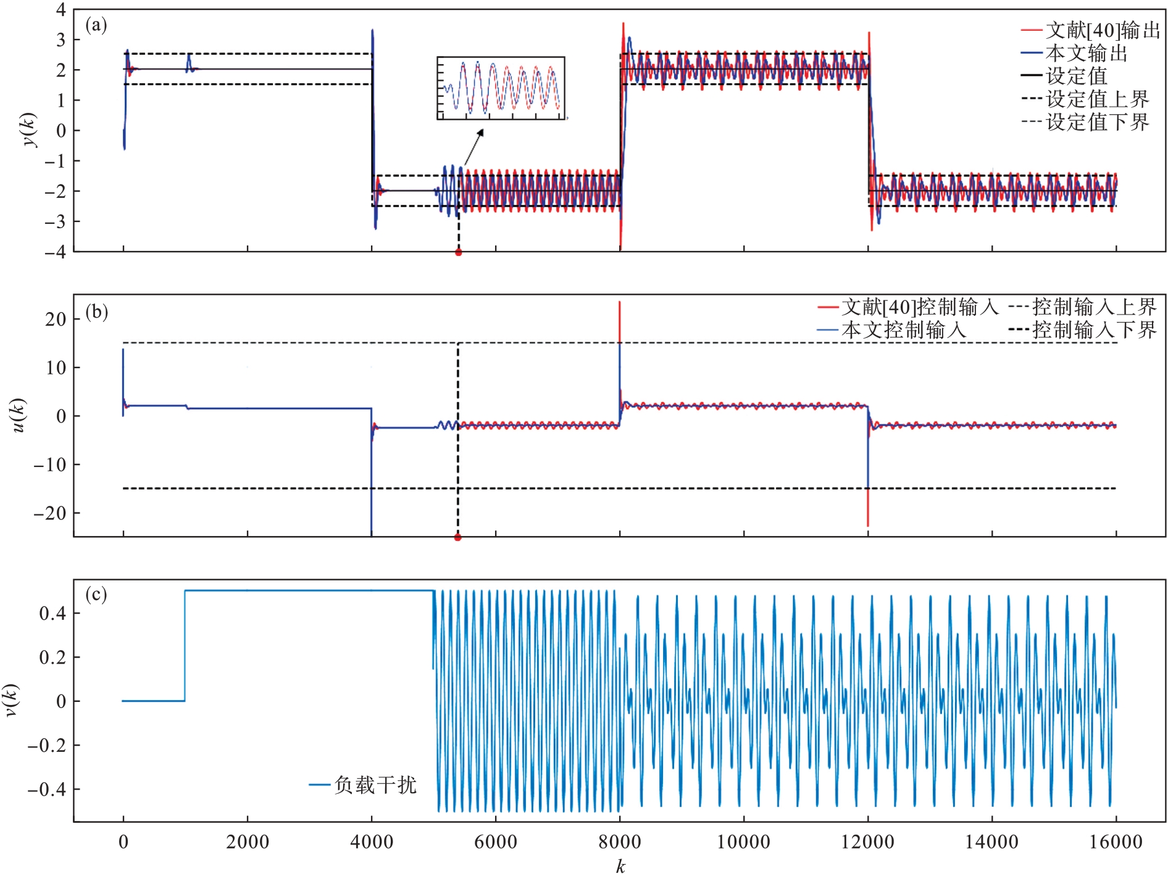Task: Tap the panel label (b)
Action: point(96,312)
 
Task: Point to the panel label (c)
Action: point(96,595)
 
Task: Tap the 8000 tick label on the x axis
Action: point(620,842)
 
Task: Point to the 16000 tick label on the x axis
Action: point(1116,842)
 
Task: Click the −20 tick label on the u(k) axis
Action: point(51,513)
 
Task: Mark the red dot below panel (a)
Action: point(458,252)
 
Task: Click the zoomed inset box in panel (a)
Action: point(501,88)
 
